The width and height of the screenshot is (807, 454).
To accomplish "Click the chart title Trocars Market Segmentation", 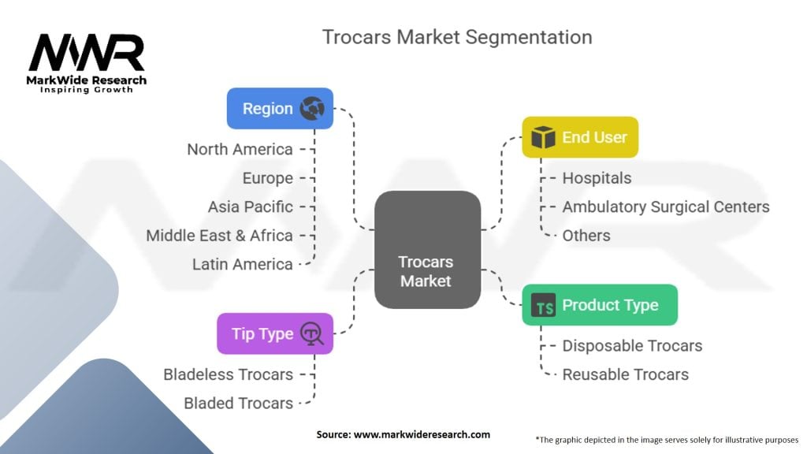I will tap(457, 37).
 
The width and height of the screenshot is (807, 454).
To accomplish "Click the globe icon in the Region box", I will tap(312, 109).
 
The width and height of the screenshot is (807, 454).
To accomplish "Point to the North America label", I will tap(240, 149).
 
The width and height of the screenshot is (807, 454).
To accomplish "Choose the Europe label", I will tap(267, 178).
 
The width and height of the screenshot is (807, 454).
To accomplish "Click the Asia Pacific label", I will tap(250, 207).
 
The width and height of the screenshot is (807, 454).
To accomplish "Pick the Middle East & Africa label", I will tap(219, 235).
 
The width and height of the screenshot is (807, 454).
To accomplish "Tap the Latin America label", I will tap(242, 264).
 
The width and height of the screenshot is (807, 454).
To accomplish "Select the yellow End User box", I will tap(579, 137).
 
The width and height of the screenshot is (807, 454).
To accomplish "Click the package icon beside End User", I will tap(543, 137).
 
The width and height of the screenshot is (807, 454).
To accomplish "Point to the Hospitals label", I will tap(596, 178).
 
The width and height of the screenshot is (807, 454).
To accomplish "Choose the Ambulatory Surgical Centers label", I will tap(665, 207).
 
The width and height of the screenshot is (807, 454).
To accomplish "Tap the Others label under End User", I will tap(586, 235).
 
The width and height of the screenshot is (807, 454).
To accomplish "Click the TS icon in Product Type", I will tap(543, 305).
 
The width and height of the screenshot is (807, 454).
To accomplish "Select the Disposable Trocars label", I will tap(631, 345).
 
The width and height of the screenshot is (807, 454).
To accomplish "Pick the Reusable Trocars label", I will tap(625, 374).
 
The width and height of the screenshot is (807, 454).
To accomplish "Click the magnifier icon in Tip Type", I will tap(312, 333).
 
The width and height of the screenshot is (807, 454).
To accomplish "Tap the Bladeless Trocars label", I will tap(228, 374).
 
